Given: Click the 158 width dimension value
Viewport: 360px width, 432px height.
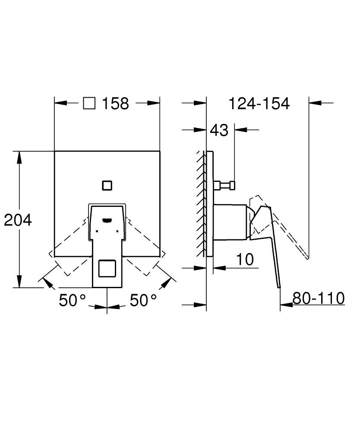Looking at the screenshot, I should (x=116, y=104).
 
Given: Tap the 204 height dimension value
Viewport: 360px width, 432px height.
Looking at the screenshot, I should (x=18, y=220).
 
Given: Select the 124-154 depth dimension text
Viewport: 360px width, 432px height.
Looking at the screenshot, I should (x=259, y=104).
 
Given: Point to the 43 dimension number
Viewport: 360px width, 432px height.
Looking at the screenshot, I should (x=219, y=129).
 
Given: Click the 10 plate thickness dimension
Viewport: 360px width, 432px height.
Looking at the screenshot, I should (x=244, y=260).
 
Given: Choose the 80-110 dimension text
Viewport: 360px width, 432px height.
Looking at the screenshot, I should (x=319, y=298).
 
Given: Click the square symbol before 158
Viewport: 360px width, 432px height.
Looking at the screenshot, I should (x=89, y=104).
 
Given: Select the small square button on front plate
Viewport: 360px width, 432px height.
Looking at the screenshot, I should (x=107, y=185).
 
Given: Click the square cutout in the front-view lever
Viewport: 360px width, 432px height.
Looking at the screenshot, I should (x=107, y=269).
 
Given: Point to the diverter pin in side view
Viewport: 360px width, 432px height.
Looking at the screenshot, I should (x=224, y=185).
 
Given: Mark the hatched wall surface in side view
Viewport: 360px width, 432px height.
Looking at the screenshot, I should (x=201, y=203).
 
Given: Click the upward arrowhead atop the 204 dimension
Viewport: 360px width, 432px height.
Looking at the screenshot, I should (x=19, y=156).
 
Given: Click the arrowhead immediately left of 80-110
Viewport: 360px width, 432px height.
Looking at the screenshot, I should (x=285, y=305).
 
